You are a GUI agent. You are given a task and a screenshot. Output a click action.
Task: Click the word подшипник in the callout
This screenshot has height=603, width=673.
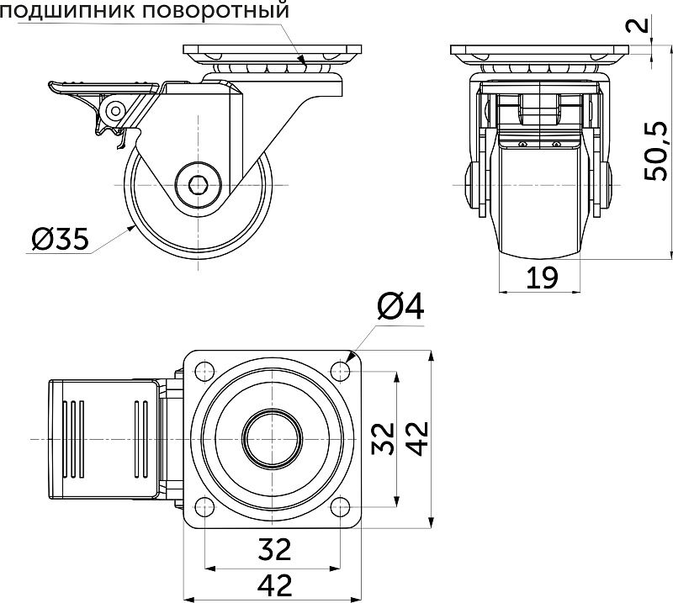coord(63,12)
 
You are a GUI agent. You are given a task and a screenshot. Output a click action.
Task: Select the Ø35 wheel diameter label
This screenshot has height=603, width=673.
coord(59,241)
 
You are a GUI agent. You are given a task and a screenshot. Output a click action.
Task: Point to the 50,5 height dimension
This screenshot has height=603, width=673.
coord(655,151)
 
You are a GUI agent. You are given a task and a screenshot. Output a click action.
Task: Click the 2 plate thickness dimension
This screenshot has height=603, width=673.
coord(642,24)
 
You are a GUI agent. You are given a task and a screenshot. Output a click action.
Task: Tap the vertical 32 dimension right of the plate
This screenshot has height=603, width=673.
coord(384,438)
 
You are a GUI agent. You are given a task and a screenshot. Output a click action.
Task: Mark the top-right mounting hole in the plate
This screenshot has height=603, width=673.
coord(341,371)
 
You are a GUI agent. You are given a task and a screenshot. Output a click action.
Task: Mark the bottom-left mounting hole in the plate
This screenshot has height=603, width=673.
coord(203,506)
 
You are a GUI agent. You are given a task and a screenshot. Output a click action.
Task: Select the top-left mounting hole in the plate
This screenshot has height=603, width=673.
coord(203,371)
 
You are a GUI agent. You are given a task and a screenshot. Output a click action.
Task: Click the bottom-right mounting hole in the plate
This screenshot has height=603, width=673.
coord(341,506)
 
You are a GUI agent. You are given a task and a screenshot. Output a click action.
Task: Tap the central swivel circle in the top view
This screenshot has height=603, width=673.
coord(272,438)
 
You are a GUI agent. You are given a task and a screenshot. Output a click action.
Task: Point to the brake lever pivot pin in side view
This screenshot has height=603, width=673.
coord(114,108)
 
